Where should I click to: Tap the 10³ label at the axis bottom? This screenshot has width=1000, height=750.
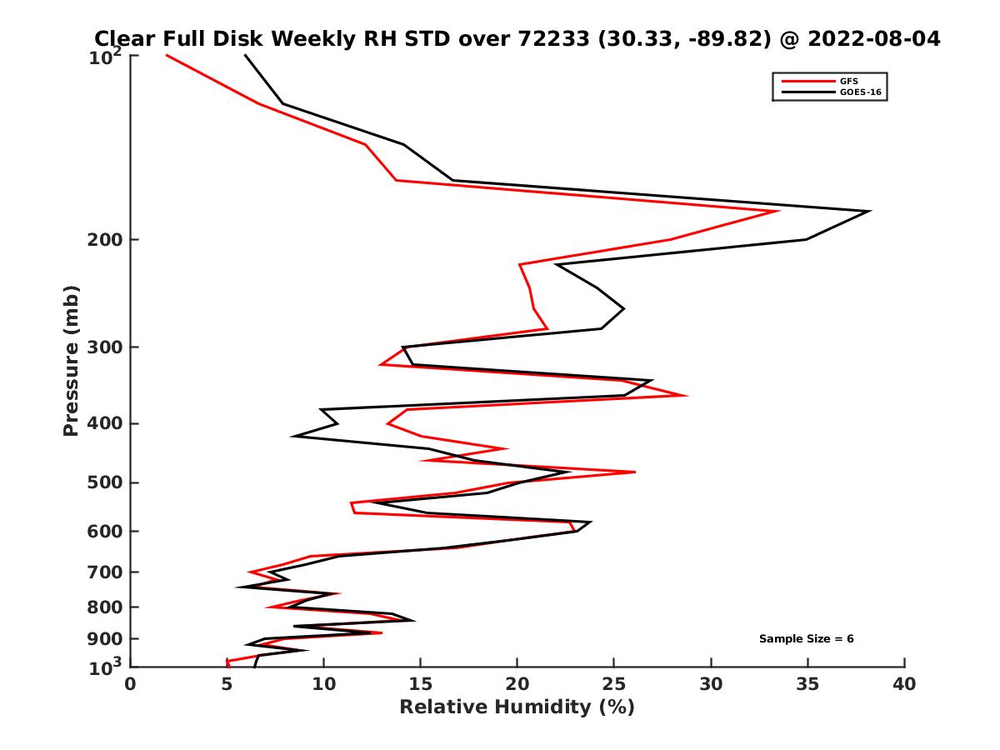[x=107, y=666]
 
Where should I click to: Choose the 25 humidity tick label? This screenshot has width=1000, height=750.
[x=614, y=684]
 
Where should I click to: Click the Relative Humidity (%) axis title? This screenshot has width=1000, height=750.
[x=517, y=707]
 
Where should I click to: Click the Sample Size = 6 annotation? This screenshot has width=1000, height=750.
[x=806, y=639]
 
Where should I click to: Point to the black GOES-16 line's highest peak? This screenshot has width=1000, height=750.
[x=870, y=211]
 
